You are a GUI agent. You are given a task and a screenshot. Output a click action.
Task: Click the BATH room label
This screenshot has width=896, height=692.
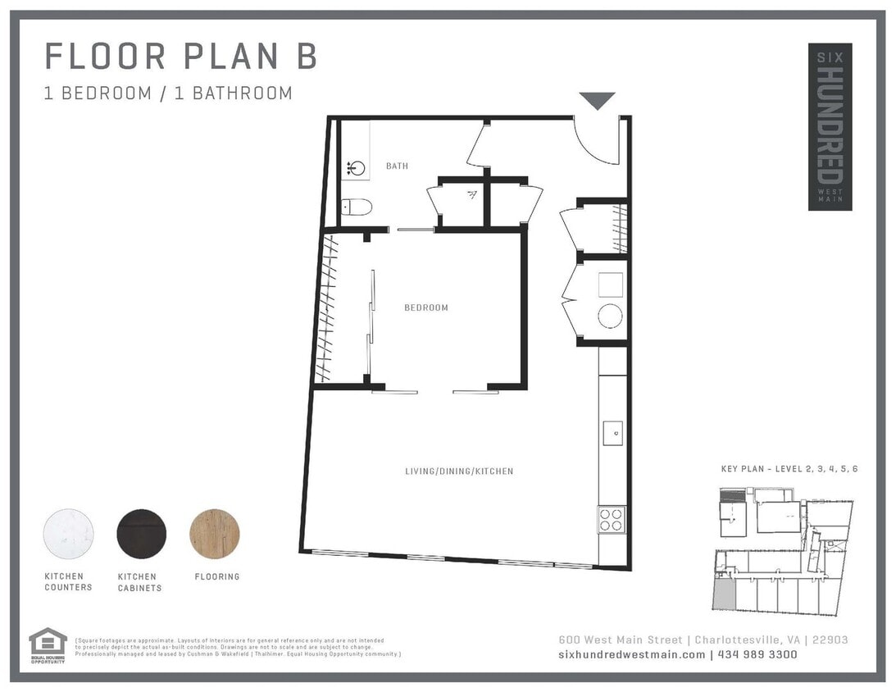397,166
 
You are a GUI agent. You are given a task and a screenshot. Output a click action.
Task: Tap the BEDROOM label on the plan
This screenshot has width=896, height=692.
426,308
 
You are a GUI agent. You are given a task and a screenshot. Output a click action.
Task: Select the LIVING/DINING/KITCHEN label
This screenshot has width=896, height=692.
459,471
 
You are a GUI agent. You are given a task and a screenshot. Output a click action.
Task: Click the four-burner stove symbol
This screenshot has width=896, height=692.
611,519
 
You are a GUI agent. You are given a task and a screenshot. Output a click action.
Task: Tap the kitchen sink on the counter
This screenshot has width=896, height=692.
612,433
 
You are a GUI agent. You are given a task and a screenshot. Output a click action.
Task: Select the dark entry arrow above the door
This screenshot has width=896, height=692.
597,101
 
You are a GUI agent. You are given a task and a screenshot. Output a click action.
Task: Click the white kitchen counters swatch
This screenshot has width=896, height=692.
68,534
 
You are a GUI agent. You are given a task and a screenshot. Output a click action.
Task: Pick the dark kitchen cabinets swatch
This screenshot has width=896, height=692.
142,534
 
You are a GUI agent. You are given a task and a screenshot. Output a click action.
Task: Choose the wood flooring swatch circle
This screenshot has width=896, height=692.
215,534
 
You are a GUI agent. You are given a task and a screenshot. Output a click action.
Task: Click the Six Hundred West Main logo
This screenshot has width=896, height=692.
830,127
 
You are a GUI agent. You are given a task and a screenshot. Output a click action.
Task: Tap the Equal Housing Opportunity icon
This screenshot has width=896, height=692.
48,644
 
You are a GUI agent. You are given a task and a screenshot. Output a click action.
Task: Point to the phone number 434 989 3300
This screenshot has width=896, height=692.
758,654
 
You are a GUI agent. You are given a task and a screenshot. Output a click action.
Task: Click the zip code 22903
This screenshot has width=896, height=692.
829,640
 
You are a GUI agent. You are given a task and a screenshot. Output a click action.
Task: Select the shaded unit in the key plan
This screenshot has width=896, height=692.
723,595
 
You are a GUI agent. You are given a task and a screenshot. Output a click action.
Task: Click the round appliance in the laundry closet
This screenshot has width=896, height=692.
610,316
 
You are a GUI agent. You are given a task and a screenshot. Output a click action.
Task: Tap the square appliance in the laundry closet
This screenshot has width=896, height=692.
610,285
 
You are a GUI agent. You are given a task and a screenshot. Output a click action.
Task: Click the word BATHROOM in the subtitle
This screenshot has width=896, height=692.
243,93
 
